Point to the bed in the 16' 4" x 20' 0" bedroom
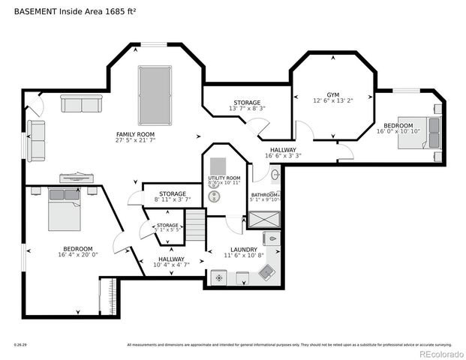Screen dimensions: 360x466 [65, 211]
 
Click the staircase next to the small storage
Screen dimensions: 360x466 [195, 226]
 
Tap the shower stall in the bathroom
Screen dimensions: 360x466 [265, 220]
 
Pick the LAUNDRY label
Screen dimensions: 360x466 [244, 250]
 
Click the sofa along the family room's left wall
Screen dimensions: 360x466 [36, 140]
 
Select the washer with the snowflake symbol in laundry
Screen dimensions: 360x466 [219, 277]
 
